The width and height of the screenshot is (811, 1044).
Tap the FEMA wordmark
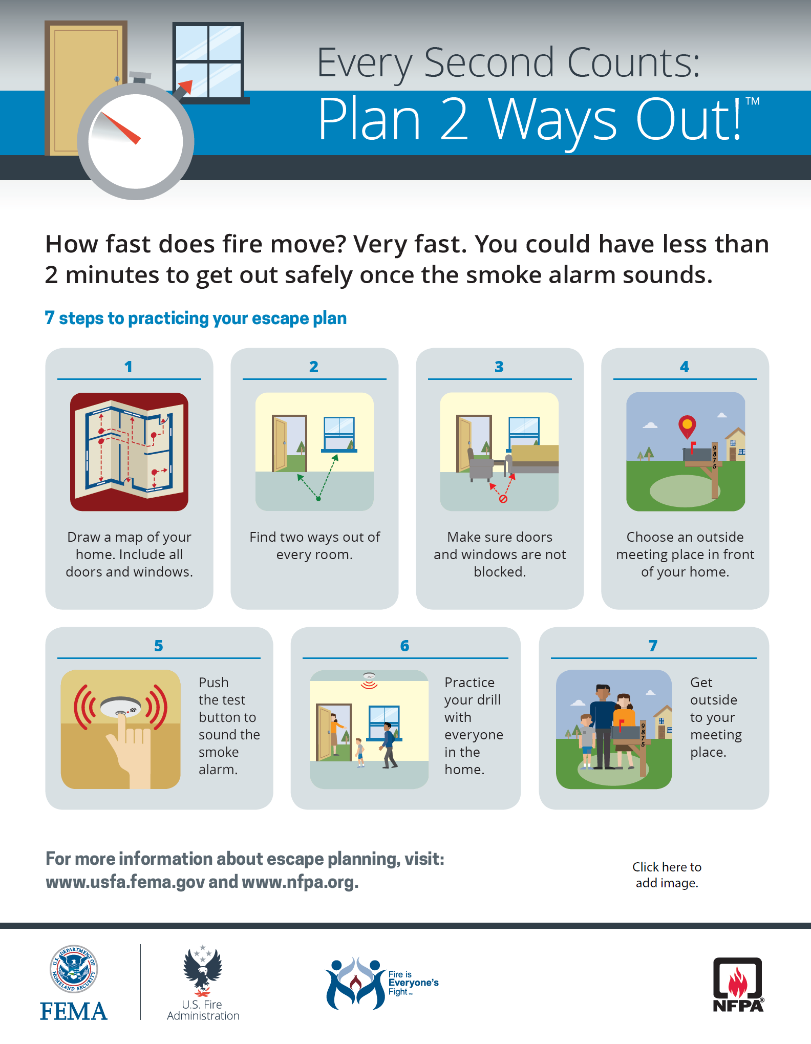[x=74, y=1011]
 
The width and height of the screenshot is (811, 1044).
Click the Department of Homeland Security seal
[x=74, y=969]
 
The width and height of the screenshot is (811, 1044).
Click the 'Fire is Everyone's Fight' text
[x=413, y=983]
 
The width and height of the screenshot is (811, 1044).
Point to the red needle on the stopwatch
[x=121, y=129]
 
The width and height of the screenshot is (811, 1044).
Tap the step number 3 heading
[x=499, y=367]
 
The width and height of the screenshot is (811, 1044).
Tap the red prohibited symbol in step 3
[x=503, y=499]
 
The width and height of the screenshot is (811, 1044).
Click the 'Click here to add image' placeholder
[x=667, y=875]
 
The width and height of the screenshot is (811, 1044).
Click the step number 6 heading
[x=404, y=646]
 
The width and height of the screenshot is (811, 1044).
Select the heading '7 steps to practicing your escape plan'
[x=196, y=318]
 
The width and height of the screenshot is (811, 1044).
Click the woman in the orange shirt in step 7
[x=624, y=730]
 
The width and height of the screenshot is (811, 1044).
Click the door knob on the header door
[x=117, y=79]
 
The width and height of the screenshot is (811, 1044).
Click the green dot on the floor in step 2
[x=318, y=499]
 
